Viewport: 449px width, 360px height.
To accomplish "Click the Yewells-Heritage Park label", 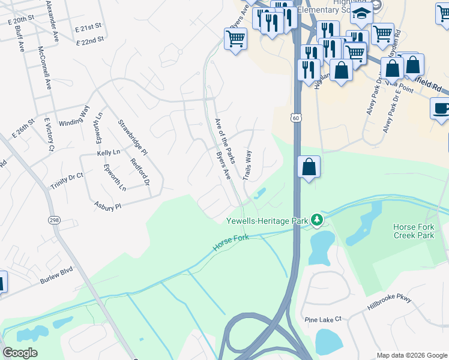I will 267,221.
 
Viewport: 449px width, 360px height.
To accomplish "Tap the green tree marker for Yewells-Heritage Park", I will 316,221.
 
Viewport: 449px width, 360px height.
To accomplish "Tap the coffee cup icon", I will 441,109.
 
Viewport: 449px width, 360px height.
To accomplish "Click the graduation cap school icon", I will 361,13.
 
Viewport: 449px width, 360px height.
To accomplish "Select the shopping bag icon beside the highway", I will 309,166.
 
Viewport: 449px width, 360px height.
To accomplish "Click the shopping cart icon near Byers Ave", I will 235,39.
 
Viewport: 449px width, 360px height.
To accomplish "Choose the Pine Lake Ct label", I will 322,319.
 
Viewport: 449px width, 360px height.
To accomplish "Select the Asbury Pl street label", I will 108,206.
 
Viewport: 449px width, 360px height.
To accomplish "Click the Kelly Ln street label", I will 109,154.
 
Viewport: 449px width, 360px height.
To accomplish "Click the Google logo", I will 20,353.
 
